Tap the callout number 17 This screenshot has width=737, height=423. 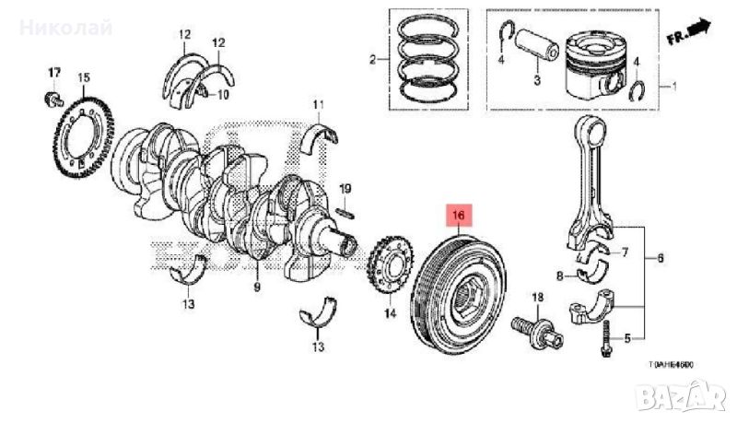tap(53, 73)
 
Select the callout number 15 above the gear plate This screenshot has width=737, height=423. tap(84, 77)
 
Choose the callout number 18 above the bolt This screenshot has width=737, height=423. tap(539, 297)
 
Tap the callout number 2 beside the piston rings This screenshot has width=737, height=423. tap(373, 61)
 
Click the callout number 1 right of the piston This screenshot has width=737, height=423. tap(672, 85)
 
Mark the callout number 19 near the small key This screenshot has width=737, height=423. tap(345, 189)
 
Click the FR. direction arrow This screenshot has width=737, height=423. tap(689, 33)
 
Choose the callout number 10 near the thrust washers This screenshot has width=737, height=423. tap(224, 95)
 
